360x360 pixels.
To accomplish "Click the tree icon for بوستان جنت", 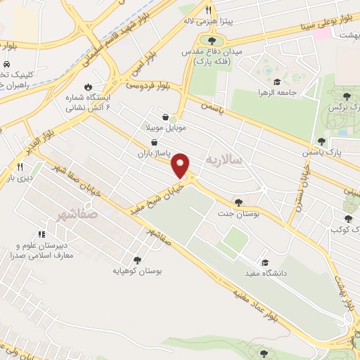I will pos(240,202).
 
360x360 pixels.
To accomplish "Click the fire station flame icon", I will pos(88,87).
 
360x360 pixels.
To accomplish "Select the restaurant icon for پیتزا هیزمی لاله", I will pos(209,11).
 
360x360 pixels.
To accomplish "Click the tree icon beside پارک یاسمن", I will pos(321,141).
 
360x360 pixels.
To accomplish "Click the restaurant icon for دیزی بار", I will pos(20,167).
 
